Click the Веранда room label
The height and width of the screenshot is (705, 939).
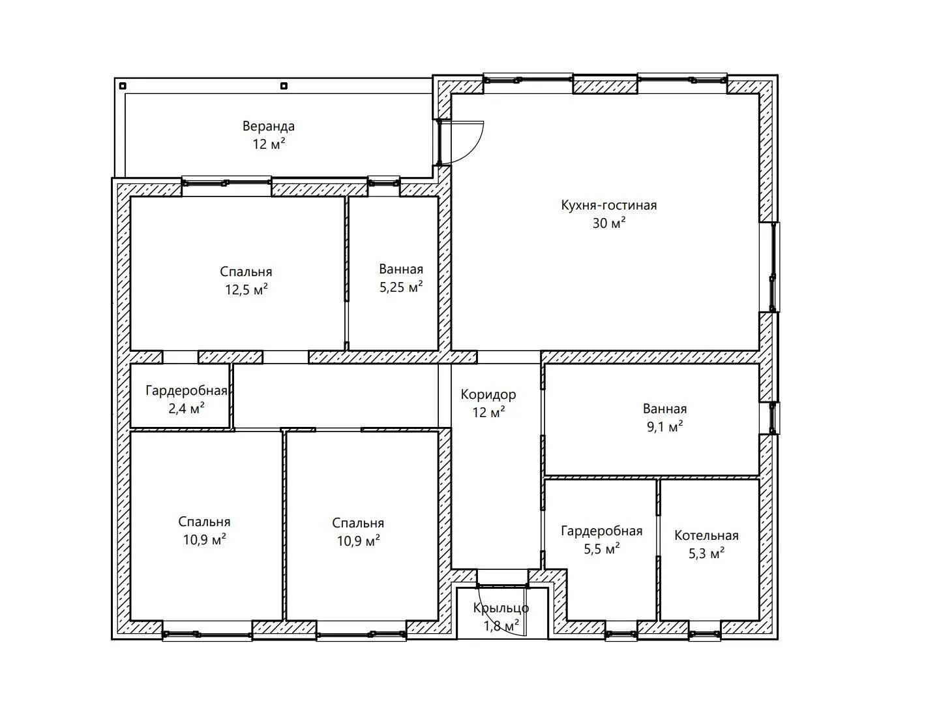[x=268, y=126]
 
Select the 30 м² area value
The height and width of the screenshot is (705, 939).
[x=608, y=223]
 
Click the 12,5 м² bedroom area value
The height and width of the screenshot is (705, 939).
[x=246, y=289]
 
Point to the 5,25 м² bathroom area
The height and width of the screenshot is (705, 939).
[x=401, y=287]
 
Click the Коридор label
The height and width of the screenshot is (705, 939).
[x=488, y=394]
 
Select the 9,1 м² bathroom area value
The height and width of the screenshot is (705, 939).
[x=664, y=426]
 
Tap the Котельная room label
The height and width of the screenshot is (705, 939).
[x=706, y=535]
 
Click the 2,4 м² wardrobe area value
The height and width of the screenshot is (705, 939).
[x=186, y=408]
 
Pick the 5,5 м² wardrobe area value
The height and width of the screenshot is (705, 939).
[x=601, y=548]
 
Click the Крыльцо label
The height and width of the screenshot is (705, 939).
[x=501, y=608]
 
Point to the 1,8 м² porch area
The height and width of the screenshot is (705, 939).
[x=501, y=625]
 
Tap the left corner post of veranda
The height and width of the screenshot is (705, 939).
[x=123, y=86]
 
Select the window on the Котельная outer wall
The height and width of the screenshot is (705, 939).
[x=704, y=634]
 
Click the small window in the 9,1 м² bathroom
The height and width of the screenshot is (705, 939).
[x=773, y=418]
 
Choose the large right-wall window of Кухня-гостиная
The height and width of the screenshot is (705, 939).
[x=773, y=267]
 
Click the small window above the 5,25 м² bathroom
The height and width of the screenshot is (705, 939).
[x=383, y=183]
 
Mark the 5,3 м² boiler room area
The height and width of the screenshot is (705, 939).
[x=706, y=553]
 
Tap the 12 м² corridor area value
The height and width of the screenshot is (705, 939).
[x=488, y=412]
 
